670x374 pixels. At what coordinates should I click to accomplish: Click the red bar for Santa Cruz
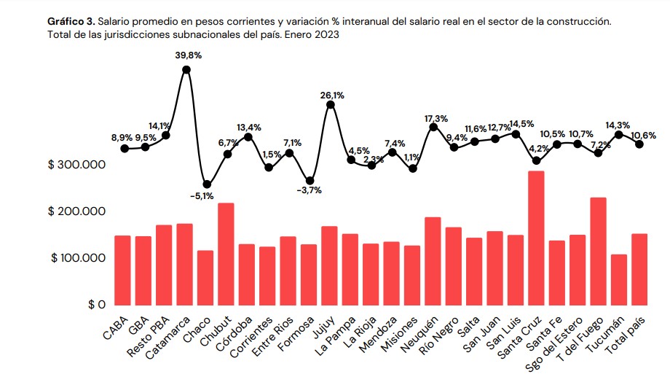tap(536, 238)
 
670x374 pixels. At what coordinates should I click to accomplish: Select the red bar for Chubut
tap(205, 254)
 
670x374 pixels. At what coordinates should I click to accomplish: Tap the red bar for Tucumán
tap(618, 279)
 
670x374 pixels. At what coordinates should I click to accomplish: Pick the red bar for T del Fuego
tap(598, 251)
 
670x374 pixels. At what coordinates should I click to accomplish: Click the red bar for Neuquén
tap(433, 260)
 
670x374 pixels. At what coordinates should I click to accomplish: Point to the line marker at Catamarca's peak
tap(186, 70)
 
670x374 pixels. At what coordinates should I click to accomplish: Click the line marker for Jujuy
tap(331, 104)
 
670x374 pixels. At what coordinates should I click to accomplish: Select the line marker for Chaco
tap(207, 184)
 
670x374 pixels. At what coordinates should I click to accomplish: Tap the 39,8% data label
tap(188, 55)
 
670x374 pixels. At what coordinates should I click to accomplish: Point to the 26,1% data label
tap(332, 95)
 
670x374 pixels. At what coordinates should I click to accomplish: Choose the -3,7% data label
tap(310, 191)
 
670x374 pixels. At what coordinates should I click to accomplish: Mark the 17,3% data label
tap(435, 118)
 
